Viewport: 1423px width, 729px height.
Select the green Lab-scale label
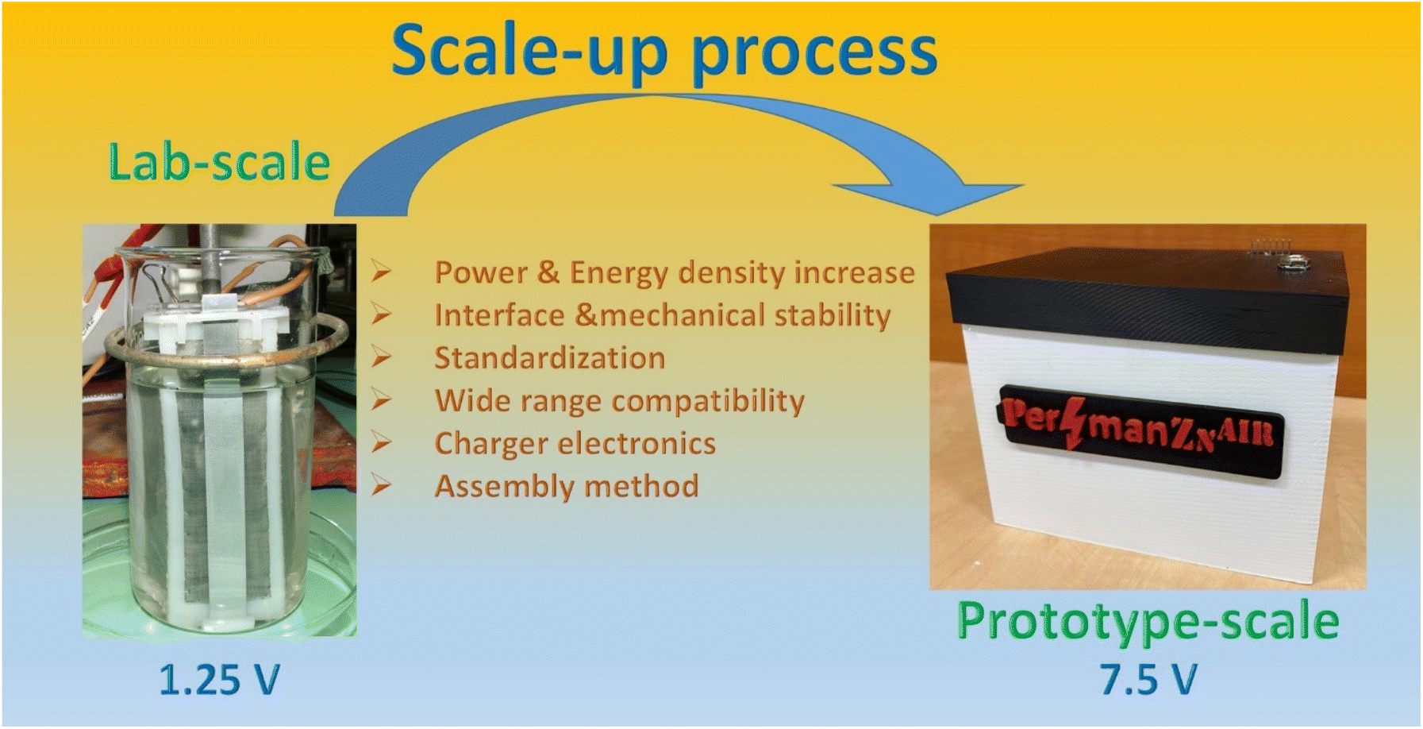click(219, 162)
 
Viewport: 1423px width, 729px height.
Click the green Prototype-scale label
click(1148, 622)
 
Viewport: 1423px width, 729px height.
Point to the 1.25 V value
click(220, 680)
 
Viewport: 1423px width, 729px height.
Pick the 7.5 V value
click(1148, 680)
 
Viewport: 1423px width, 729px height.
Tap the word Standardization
click(549, 358)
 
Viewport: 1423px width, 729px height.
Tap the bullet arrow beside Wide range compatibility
click(382, 399)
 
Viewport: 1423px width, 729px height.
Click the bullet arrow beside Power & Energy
click(382, 272)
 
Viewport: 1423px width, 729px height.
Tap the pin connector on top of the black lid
click(1271, 249)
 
